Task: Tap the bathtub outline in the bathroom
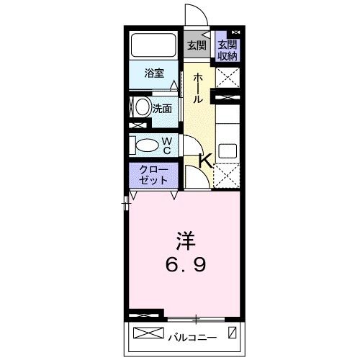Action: click(153, 47)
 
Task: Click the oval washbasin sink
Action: click(142, 109)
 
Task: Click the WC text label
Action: click(166, 145)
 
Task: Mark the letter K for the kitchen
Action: click(205, 161)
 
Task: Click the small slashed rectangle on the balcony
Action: click(232, 334)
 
